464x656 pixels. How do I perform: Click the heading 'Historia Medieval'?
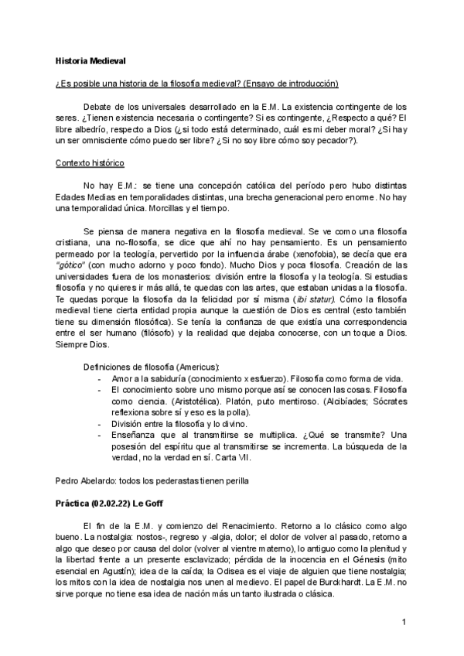pyautogui.click(x=91, y=60)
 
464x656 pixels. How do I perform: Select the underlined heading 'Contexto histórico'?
pyautogui.click(x=90, y=164)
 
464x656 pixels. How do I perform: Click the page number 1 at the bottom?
pyautogui.click(x=404, y=621)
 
